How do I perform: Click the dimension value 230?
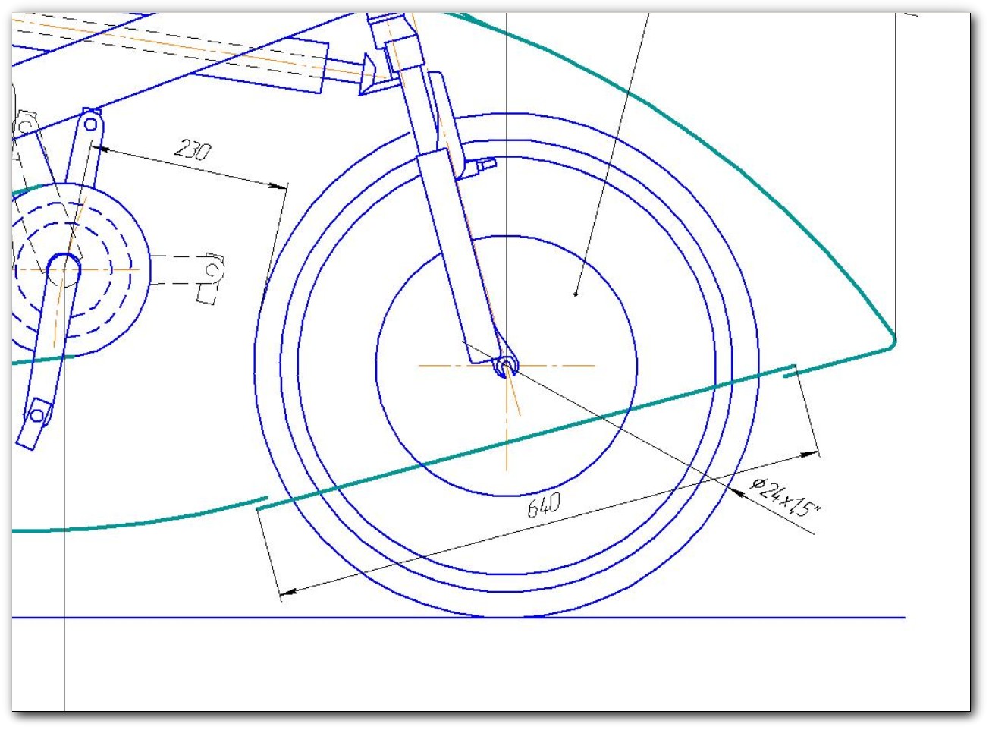[x=192, y=149]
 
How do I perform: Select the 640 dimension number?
[x=544, y=505]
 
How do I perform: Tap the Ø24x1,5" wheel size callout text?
[x=784, y=498]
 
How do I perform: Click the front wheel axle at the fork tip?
[x=506, y=367]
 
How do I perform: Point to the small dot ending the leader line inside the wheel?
[x=576, y=294]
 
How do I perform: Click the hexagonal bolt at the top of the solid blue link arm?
[x=90, y=124]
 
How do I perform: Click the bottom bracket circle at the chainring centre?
[x=64, y=269]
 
